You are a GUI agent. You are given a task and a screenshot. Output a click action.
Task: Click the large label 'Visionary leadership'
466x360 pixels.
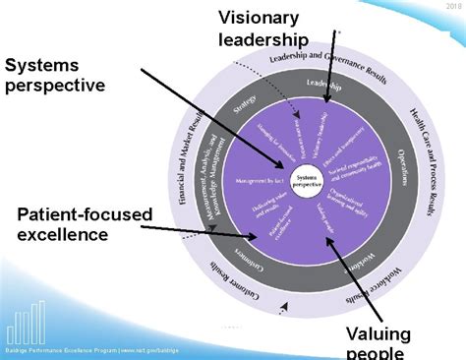[263, 29]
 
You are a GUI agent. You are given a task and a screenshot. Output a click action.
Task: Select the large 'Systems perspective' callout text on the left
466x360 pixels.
[55, 75]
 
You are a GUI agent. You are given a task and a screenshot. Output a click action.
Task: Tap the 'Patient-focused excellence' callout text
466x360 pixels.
[85, 223]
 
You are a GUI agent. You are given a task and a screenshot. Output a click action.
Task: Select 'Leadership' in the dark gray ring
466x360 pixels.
[323, 85]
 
